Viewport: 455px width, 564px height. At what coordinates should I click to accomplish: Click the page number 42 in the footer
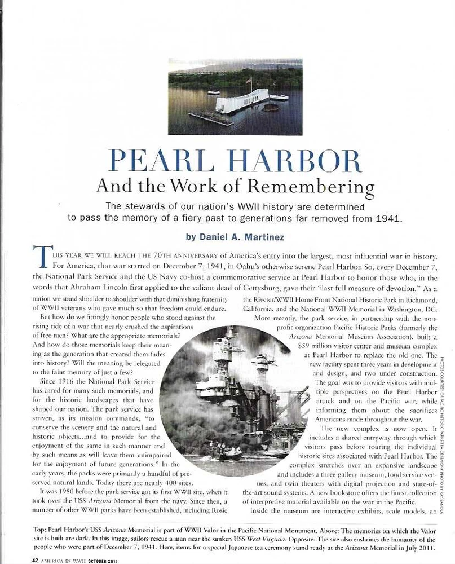pos(34,559)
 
